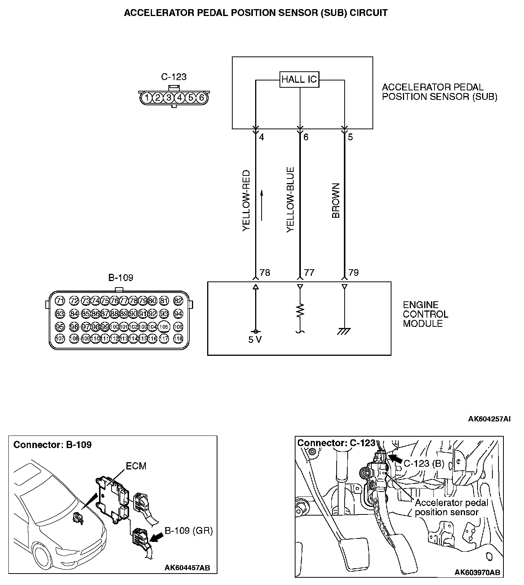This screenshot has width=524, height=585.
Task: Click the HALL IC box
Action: (299, 79)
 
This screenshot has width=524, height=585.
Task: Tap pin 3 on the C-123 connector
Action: (169, 98)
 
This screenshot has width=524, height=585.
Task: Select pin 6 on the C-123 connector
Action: (202, 98)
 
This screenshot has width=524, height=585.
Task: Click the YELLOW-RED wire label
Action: (246, 201)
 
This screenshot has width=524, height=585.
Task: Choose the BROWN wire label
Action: (336, 201)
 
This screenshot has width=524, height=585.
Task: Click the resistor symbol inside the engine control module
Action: (300, 310)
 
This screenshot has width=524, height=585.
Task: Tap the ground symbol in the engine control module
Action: (344, 331)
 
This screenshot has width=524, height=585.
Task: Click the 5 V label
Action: (255, 340)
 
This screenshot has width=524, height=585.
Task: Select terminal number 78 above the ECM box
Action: (265, 273)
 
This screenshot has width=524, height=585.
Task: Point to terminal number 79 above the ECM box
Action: (353, 273)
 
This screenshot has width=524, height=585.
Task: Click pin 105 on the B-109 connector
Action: (164, 327)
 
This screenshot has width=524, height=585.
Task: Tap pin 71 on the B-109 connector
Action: (60, 301)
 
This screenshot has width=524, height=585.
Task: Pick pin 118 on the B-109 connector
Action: (178, 338)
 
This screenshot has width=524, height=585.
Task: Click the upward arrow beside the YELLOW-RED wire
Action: (262, 206)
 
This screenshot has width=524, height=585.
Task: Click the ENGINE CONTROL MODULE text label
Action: (425, 314)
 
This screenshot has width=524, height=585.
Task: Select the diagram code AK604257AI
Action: (489, 419)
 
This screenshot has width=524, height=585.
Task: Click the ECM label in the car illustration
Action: (136, 466)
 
